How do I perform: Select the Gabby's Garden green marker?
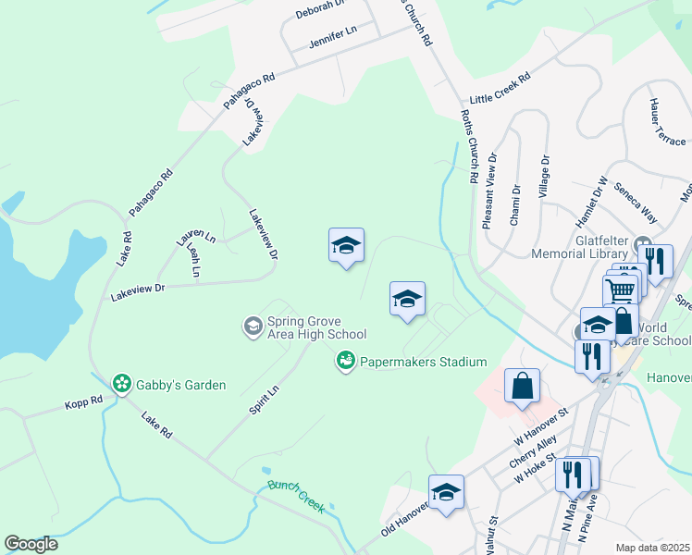coord(121,383)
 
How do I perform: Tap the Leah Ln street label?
coord(193,261)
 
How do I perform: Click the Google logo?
coord(31,544)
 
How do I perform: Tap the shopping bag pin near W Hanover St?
coord(523,388)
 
